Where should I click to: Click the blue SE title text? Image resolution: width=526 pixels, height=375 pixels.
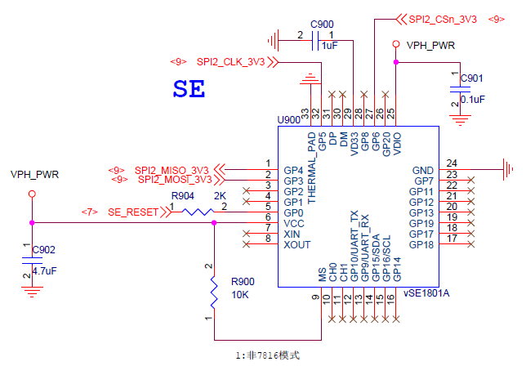[x=188, y=88]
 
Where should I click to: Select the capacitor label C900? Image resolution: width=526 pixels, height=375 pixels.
[x=322, y=24]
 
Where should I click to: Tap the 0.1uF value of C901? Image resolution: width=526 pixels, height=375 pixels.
[x=473, y=99]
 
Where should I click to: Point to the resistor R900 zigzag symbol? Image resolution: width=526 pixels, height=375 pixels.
[x=214, y=289]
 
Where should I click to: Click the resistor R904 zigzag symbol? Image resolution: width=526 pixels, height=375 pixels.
[x=196, y=212]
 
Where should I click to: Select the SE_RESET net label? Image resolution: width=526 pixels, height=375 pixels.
[x=133, y=212]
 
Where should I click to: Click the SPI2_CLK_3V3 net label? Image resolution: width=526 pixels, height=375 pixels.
[x=230, y=61]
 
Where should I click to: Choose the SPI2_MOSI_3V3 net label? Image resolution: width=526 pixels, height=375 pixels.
[x=173, y=179]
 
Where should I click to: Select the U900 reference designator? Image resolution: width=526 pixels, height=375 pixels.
[x=288, y=119]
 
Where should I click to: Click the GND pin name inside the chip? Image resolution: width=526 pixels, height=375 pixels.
[x=422, y=170]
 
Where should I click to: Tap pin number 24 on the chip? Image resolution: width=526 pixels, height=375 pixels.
[x=452, y=163]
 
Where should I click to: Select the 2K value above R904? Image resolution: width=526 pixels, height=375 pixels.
[x=220, y=196]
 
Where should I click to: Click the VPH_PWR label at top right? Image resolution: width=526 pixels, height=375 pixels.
[x=430, y=46]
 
